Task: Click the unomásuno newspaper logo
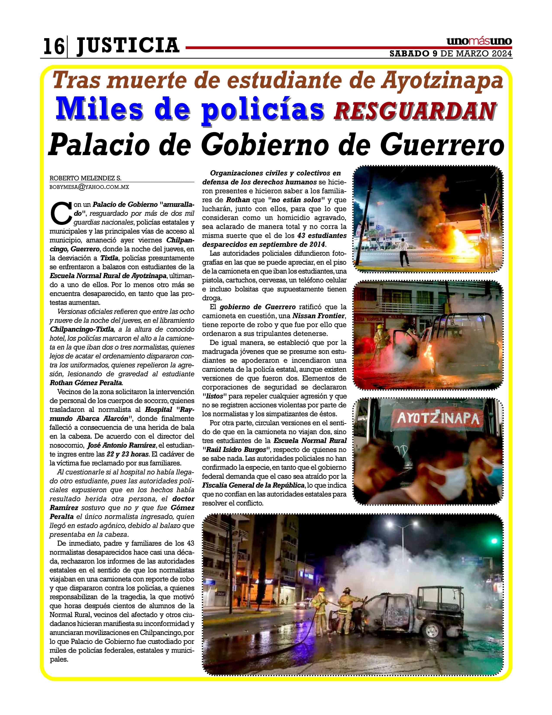click(479, 42)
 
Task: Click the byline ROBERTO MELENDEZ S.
click(85, 178)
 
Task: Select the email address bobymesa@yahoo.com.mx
click(89, 187)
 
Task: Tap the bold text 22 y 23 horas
click(125, 454)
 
